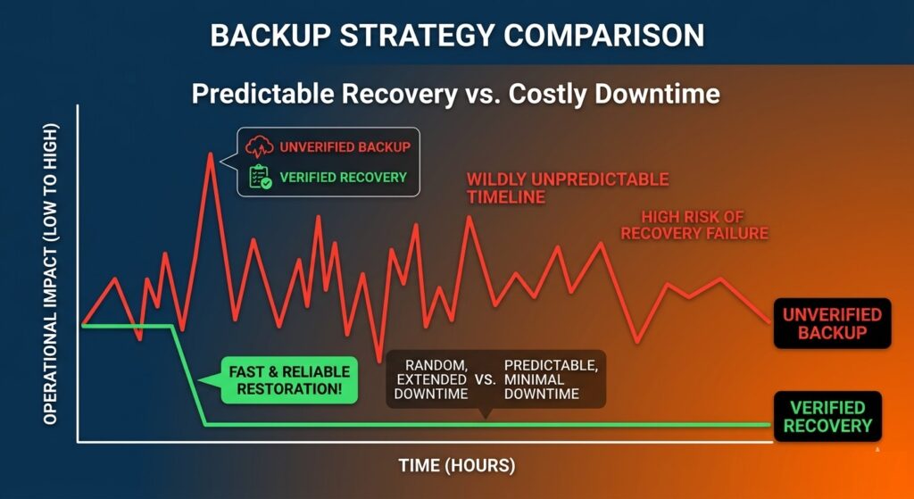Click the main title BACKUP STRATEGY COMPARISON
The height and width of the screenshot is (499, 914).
tap(457, 35)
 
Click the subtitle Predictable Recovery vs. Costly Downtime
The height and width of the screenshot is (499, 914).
tap(456, 93)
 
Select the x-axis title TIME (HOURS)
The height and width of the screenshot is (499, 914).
tap(456, 466)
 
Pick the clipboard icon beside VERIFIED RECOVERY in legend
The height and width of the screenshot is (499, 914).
tap(259, 177)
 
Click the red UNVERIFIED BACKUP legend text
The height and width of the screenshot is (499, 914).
tap(344, 147)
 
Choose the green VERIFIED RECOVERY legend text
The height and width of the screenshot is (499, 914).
tap(343, 177)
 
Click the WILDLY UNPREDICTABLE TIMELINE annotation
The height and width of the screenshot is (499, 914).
tap(567, 188)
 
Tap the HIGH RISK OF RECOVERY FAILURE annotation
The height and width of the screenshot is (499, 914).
tap(694, 225)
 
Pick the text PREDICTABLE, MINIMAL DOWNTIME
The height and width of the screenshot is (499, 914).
tap(551, 379)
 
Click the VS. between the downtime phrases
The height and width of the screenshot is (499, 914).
tap(486, 379)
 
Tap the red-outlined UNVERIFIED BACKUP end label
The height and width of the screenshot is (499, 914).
tap(831, 323)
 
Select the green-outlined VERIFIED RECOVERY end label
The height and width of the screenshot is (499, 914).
tap(827, 416)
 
